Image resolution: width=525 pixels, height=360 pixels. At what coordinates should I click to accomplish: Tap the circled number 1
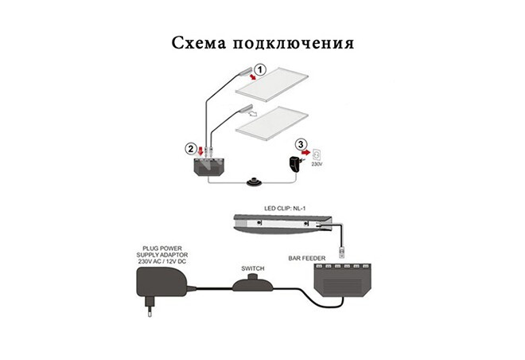pos(258,69)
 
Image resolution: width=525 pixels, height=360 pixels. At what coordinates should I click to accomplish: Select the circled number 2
pos(190,148)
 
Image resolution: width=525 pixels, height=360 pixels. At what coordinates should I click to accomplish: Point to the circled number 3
pos(301,144)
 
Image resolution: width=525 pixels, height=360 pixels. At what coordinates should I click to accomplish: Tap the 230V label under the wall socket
pos(318,164)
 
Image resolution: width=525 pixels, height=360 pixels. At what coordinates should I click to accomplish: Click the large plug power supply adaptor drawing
pos(162,283)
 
